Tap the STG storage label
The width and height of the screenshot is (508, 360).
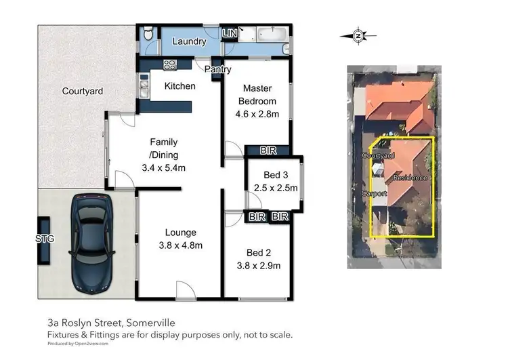tap(44, 238)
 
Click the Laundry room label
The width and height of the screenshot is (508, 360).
tap(189, 41)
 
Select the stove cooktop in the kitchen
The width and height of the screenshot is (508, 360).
tap(169, 66)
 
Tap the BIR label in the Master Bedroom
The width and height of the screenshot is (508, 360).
tap(266, 151)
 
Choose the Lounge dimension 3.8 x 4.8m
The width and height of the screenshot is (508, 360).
tap(180, 245)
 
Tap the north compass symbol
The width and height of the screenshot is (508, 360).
tap(358, 36)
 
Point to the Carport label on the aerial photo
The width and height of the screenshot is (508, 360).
tap(374, 193)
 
